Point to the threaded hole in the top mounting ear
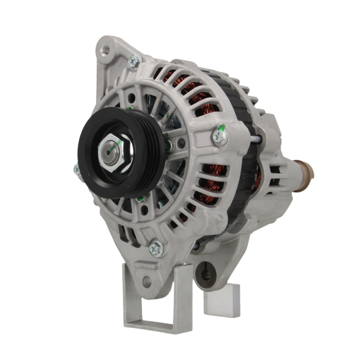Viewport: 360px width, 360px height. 106,50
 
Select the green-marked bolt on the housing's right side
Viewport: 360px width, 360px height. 220,137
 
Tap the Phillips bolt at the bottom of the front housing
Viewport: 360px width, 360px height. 156,248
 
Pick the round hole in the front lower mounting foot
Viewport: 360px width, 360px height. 147,282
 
